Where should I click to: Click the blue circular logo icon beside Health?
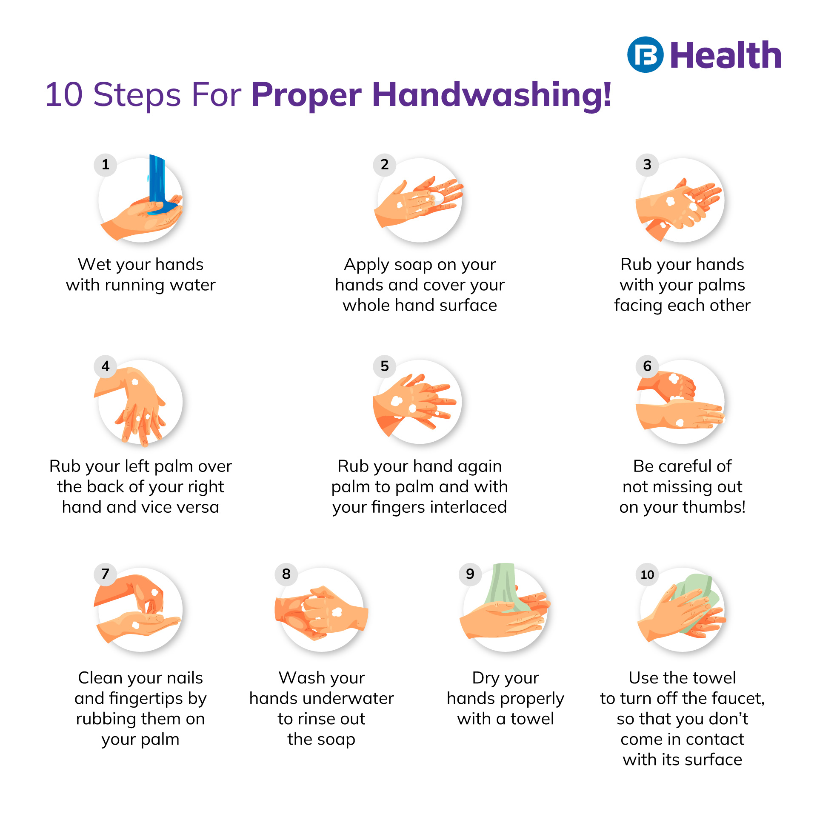point(645,54)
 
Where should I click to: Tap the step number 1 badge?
point(106,165)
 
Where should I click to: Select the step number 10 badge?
point(647,574)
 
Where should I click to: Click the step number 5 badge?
point(385,366)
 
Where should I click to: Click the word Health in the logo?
point(726,55)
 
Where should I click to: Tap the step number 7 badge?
point(105,574)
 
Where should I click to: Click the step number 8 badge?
point(286,574)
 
